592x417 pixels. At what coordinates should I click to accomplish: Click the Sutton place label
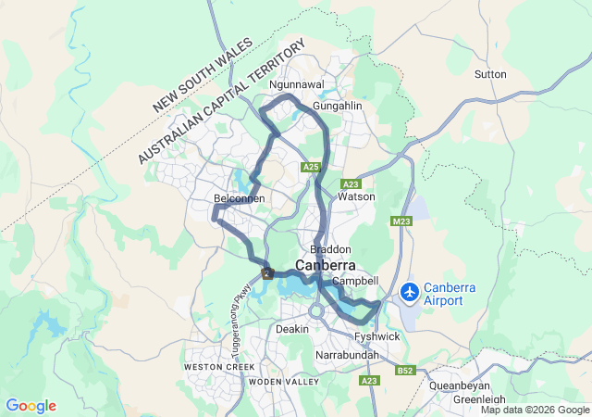pos(490,74)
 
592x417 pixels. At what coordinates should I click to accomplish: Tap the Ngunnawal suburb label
pos(296,84)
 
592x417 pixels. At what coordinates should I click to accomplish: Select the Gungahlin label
pos(337,107)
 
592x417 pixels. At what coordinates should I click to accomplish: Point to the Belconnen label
pos(240,198)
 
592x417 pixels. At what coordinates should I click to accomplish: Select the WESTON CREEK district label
pos(219,367)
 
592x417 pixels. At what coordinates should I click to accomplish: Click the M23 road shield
pos(401,221)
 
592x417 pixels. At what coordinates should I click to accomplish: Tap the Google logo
pos(31,406)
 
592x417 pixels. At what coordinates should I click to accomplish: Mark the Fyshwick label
pos(376,336)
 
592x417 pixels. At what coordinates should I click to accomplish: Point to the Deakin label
pos(292,329)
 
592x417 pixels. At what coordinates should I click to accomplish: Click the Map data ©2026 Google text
pos(535,410)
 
